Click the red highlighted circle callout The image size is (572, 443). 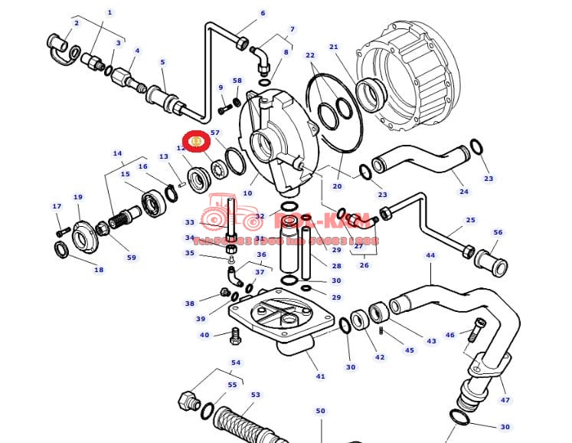[x=196, y=142]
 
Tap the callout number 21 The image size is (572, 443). [x=333, y=48]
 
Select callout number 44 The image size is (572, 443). [x=430, y=255]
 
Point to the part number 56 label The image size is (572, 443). [x=498, y=232]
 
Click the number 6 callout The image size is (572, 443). [x=263, y=13]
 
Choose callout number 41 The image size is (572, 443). [x=320, y=376]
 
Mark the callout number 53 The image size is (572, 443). [x=255, y=395]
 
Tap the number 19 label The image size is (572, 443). [x=77, y=197]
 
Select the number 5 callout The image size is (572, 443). [x=162, y=62]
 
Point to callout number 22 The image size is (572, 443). [x=310, y=55]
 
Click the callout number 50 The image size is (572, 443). [x=320, y=412]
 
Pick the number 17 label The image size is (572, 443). [x=57, y=206]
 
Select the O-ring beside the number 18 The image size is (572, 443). [x=61, y=248]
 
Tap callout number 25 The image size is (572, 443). [x=470, y=220]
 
